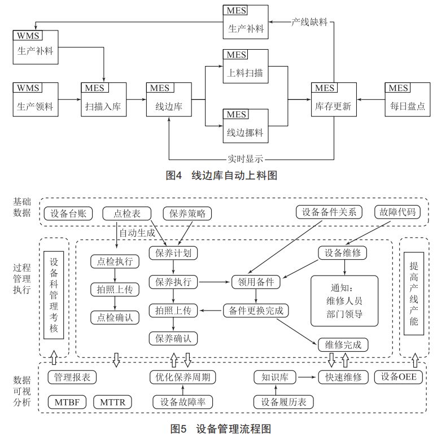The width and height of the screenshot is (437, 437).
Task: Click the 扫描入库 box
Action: (104, 99)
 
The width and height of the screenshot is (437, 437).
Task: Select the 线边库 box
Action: (169, 99)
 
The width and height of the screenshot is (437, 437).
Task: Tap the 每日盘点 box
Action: (408, 99)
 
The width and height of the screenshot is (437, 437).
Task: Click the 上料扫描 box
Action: (246, 66)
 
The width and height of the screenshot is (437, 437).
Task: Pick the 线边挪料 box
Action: (246, 126)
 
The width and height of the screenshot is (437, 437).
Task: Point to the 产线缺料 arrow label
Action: (309, 22)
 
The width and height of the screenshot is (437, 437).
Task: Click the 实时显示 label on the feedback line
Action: (245, 159)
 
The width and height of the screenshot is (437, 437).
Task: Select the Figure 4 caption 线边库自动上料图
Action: (234, 175)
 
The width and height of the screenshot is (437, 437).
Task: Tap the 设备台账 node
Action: (68, 214)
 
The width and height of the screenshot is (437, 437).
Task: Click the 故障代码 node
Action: (397, 212)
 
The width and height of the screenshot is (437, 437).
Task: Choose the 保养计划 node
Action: (173, 253)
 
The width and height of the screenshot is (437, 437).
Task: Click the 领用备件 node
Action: (256, 282)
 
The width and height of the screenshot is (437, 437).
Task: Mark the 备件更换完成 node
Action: (256, 311)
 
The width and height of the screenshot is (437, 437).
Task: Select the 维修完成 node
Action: (343, 345)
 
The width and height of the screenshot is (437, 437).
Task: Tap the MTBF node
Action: (67, 402)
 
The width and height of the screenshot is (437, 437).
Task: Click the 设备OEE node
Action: (399, 377)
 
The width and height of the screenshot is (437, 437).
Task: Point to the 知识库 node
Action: (275, 377)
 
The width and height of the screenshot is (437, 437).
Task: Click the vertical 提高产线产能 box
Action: (414, 294)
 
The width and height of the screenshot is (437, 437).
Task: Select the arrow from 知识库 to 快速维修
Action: (308, 377)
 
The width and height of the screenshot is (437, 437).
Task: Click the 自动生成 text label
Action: (137, 233)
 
